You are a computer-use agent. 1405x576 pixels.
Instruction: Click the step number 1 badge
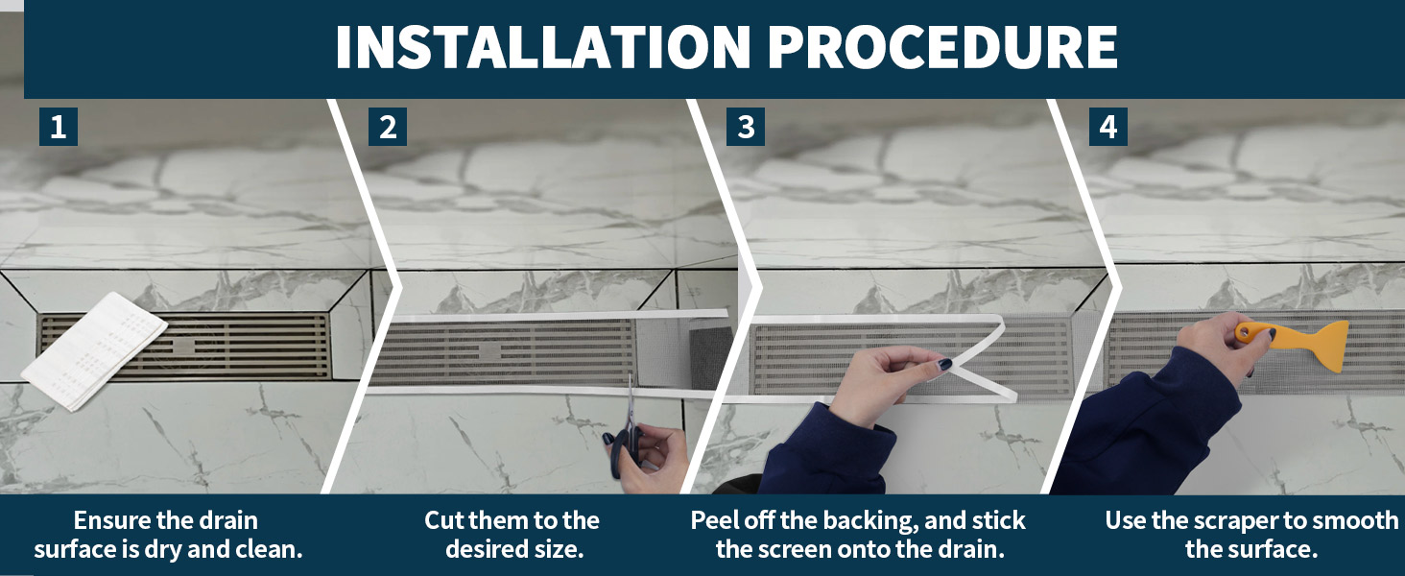[x=59, y=127]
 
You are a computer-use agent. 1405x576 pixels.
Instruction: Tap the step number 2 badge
[x=388, y=127]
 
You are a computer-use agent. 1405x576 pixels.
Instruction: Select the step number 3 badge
[x=745, y=127]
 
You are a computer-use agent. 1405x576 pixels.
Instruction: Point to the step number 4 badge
[x=1107, y=127]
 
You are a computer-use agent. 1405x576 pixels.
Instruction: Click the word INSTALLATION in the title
[x=543, y=47]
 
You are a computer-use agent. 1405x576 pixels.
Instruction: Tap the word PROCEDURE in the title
[x=942, y=47]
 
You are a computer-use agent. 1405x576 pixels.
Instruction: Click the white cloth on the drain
[x=94, y=351]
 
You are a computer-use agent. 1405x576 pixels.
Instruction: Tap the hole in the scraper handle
[x=1245, y=330]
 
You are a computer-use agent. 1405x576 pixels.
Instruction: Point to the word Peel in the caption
[x=711, y=520]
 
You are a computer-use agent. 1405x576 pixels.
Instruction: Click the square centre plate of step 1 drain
[x=184, y=347]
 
